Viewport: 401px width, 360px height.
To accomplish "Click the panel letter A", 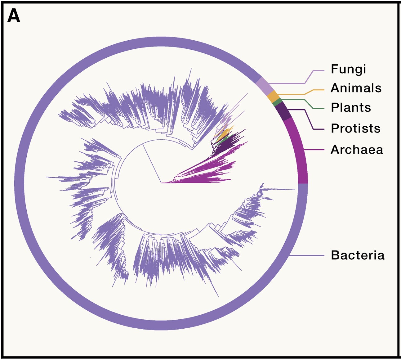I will pos(14,16).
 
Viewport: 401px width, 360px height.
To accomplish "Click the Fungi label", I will pos(348,69).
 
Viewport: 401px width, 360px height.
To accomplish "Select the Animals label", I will pos(356,88).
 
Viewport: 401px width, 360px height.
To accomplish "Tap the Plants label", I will pos(351,108).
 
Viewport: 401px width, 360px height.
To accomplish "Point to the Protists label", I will pos(355,128).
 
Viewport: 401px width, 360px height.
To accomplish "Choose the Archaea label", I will pos(357,150).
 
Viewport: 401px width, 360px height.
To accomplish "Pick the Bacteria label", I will pos(358,255).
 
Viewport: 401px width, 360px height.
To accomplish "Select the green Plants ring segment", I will pos(278,102).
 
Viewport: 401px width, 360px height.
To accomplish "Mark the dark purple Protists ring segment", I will pos(283,112).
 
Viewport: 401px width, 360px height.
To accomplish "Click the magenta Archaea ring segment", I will pos(299,152).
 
